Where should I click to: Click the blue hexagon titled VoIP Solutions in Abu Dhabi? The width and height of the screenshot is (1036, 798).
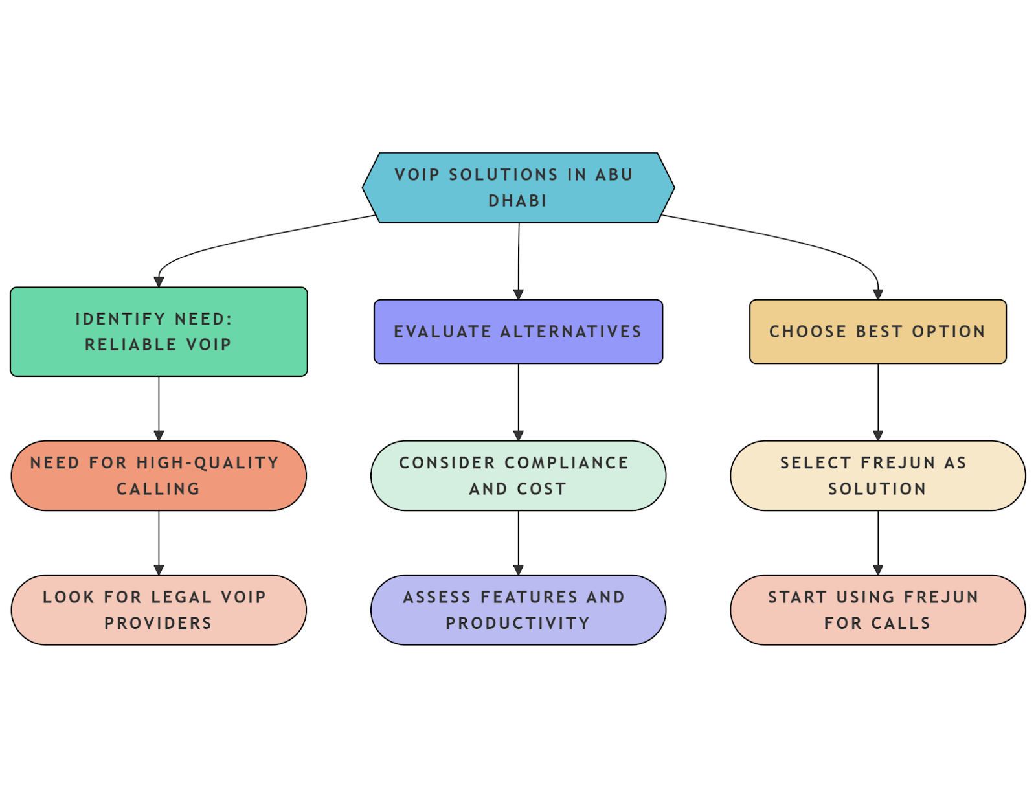coord(518,188)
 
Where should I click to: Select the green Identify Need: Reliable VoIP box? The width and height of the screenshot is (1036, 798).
coord(159,332)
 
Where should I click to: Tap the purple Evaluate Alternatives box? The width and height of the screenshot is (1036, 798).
coord(518,332)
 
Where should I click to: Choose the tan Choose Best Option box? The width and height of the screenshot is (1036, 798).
coord(877,332)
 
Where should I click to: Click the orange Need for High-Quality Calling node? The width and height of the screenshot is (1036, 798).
coord(159,476)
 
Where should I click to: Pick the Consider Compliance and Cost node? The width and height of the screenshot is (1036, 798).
coord(518,476)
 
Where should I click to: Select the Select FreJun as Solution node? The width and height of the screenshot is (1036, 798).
coord(877,476)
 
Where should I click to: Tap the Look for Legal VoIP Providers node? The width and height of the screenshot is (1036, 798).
coord(159,610)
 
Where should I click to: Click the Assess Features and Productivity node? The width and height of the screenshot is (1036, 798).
coord(518,610)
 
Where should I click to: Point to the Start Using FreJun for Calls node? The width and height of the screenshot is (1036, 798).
coord(877,610)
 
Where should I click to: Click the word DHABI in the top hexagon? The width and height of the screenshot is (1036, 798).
coord(517,201)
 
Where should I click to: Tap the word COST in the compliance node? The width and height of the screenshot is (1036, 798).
coord(541,489)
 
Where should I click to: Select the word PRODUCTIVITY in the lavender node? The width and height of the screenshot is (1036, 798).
coord(517,623)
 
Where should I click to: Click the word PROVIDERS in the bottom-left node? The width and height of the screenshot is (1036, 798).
coord(158,623)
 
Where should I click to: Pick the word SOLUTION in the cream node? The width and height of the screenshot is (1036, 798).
coord(877,489)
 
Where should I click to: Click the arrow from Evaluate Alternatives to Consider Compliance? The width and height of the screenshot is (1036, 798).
coord(518,402)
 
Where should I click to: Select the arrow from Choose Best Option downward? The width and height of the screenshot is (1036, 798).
coord(878,402)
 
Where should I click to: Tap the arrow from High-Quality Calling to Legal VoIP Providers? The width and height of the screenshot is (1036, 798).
coord(159,543)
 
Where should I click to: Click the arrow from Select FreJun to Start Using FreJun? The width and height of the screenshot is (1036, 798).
coord(878,543)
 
